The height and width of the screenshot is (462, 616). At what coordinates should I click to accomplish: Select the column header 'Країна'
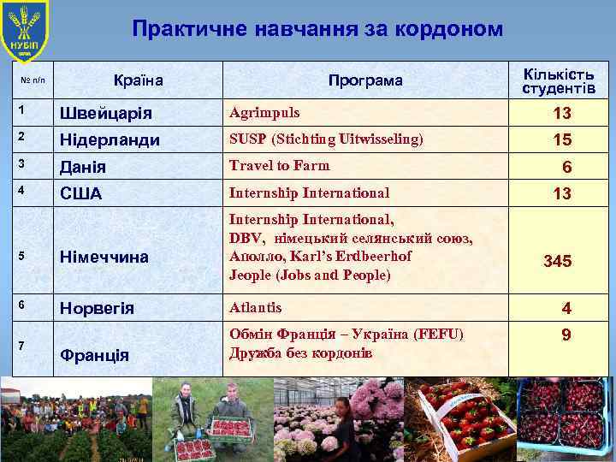click(139, 81)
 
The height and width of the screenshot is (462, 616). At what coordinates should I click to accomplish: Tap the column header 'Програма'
click(365, 81)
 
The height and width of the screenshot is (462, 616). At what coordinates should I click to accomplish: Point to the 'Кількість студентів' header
click(559, 80)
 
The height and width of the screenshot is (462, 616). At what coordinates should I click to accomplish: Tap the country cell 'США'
click(80, 194)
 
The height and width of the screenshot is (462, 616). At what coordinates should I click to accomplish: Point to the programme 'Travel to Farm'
click(279, 165)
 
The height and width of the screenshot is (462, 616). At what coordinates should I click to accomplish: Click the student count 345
click(557, 261)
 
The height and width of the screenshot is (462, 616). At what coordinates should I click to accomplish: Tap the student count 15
click(562, 139)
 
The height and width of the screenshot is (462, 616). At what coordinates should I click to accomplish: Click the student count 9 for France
click(566, 335)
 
